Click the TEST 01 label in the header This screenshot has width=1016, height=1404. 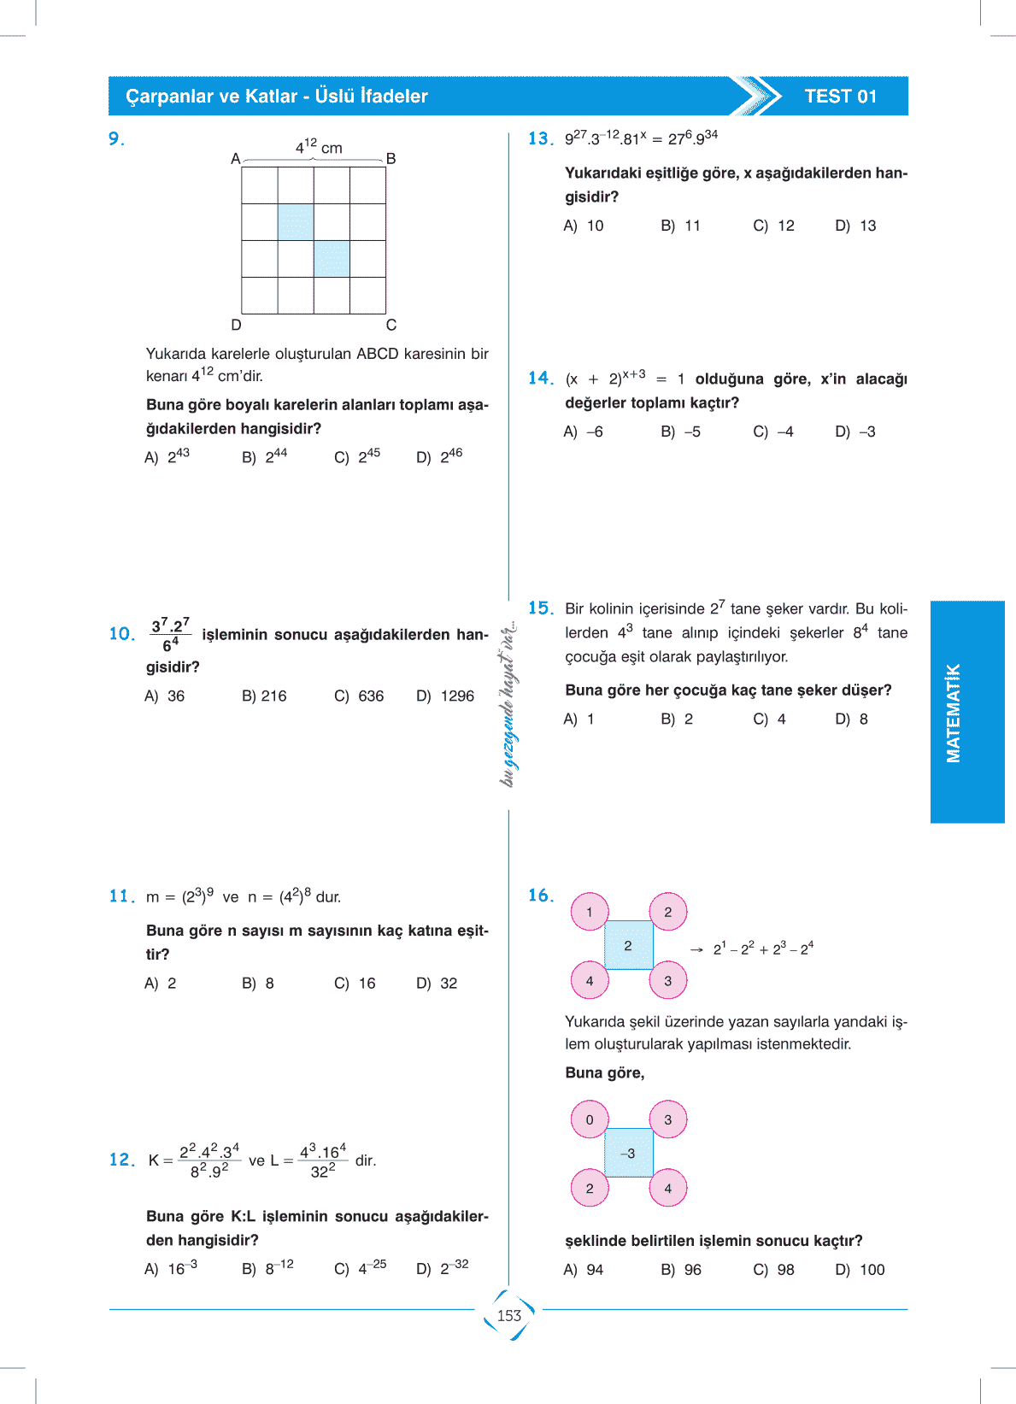tap(840, 97)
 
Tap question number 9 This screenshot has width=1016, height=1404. tap(116, 139)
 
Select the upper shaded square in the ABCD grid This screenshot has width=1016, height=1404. tap(296, 222)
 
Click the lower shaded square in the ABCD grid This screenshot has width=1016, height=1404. tap(332, 259)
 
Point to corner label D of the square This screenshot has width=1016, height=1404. tap(236, 325)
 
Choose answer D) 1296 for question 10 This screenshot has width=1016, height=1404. tap(445, 696)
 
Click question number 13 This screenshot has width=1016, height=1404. tap(540, 138)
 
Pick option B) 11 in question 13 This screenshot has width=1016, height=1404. tap(680, 226)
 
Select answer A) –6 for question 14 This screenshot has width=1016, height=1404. tap(584, 432)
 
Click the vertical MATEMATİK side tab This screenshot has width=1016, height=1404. tap(966, 712)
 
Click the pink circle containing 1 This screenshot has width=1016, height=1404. tap(590, 912)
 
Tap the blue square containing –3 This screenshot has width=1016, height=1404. tap(628, 1154)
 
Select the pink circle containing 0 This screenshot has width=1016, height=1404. tap(590, 1119)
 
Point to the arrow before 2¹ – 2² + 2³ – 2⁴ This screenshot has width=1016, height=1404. tap(696, 949)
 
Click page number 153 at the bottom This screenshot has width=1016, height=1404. tap(509, 1316)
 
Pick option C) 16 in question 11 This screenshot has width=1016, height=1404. tap(355, 984)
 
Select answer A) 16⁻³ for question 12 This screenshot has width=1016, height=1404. tap(171, 1269)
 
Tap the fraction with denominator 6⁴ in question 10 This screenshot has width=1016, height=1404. tap(170, 635)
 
